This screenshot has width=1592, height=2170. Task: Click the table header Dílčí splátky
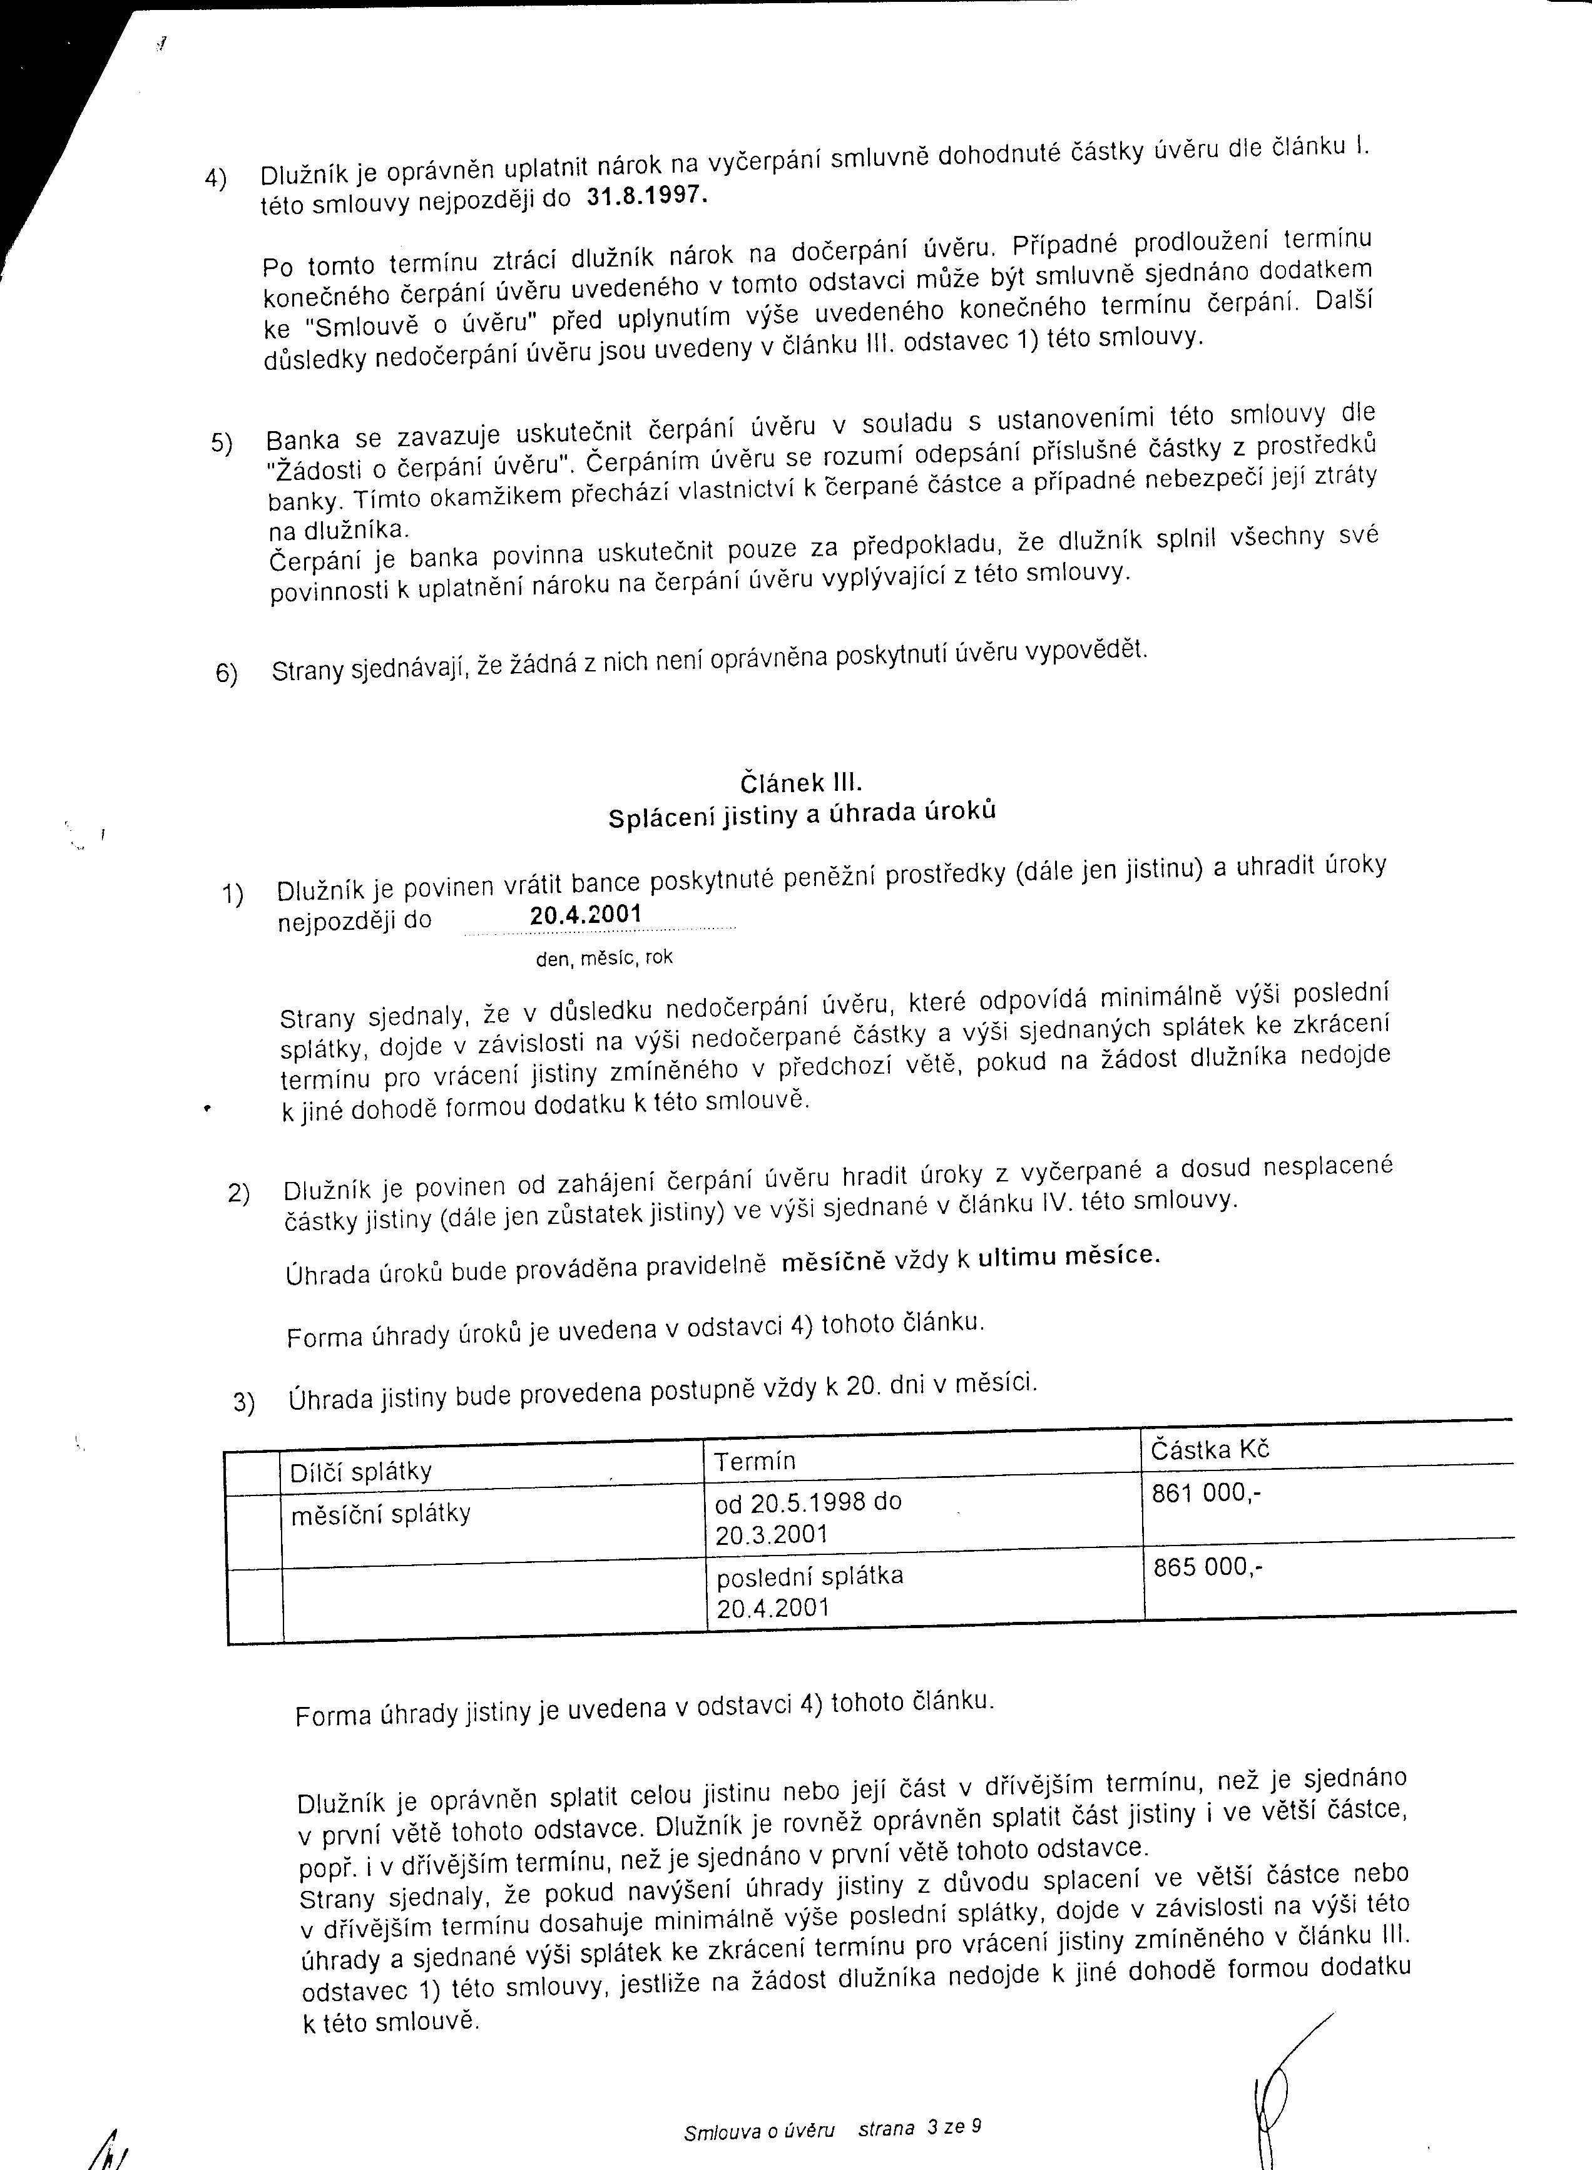point(360,1472)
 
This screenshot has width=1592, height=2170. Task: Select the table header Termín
point(755,1462)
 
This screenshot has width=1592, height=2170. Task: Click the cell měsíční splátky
point(380,1513)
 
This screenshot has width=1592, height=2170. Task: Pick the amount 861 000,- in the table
point(1205,1494)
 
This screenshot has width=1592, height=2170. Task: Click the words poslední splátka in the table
point(810,1576)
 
